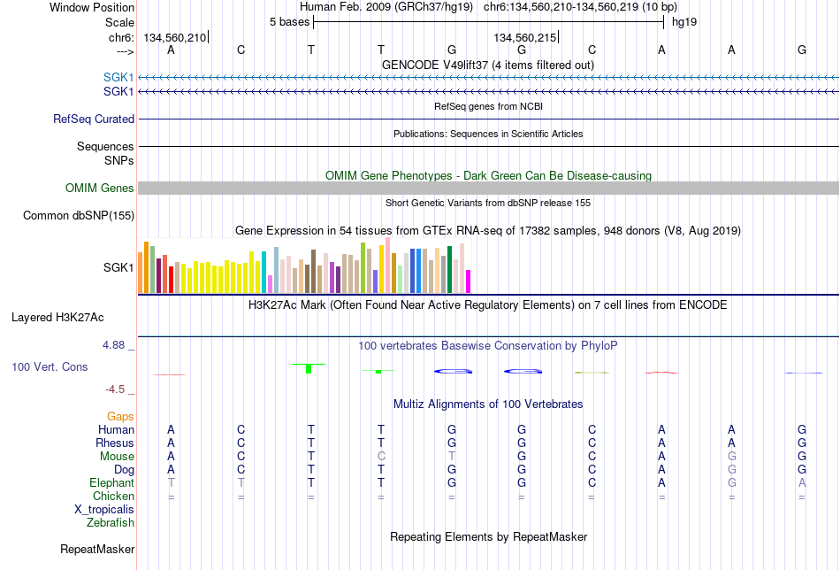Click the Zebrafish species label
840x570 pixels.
pyautogui.click(x=111, y=522)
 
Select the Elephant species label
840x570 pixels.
pyautogui.click(x=112, y=482)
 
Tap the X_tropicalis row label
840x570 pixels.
pyautogui.click(x=104, y=510)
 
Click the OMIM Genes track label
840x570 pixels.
pyautogui.click(x=100, y=189)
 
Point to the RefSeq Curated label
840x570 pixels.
pyautogui.click(x=94, y=119)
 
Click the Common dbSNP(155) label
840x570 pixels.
pyautogui.click(x=79, y=216)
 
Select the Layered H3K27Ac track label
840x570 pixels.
pyautogui.click(x=57, y=318)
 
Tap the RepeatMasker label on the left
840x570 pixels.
pyautogui.click(x=97, y=549)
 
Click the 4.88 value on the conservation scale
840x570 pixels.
pyautogui.click(x=113, y=345)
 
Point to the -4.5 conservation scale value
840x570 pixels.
pyautogui.click(x=115, y=389)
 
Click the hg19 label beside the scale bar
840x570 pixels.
pyautogui.click(x=684, y=22)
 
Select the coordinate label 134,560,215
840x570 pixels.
pyautogui.click(x=525, y=37)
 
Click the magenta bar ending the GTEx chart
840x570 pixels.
pyautogui.click(x=469, y=281)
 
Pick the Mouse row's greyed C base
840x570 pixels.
pyautogui.click(x=381, y=457)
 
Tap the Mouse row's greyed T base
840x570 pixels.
pyautogui.click(x=452, y=457)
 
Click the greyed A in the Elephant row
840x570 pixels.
pyautogui.click(x=802, y=482)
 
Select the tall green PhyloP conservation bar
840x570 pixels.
pyautogui.click(x=309, y=368)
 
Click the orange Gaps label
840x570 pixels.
pyautogui.click(x=120, y=417)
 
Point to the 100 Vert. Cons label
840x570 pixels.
pyautogui.click(x=50, y=366)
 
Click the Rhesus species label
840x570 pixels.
pyautogui.click(x=115, y=443)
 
